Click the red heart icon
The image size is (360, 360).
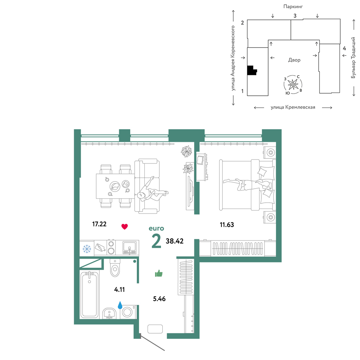coord(125,226)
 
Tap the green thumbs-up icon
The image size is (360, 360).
coord(159,273)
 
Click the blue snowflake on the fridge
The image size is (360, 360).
coord(87,249)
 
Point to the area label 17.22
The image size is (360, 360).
coord(99,224)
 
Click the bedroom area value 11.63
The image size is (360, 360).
coord(227,225)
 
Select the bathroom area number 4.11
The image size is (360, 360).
coord(120,289)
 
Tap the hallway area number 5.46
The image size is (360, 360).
coord(159,299)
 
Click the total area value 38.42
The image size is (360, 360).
coord(175,241)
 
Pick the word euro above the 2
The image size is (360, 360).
coord(156,229)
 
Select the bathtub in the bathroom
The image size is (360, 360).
coord(90,295)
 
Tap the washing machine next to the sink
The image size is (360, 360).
coord(128,312)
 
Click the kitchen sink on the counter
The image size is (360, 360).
coord(129,248)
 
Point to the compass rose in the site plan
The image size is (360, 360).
coord(293,85)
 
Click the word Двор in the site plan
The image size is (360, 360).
coord(294,60)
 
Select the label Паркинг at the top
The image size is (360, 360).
coord(293,6)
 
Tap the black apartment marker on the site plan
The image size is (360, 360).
coord(252,71)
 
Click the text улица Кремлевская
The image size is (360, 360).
coord(293,107)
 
